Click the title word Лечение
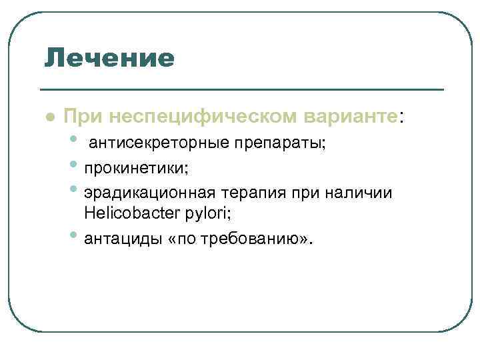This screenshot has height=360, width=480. (109, 58)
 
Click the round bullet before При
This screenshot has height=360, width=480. (49, 116)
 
